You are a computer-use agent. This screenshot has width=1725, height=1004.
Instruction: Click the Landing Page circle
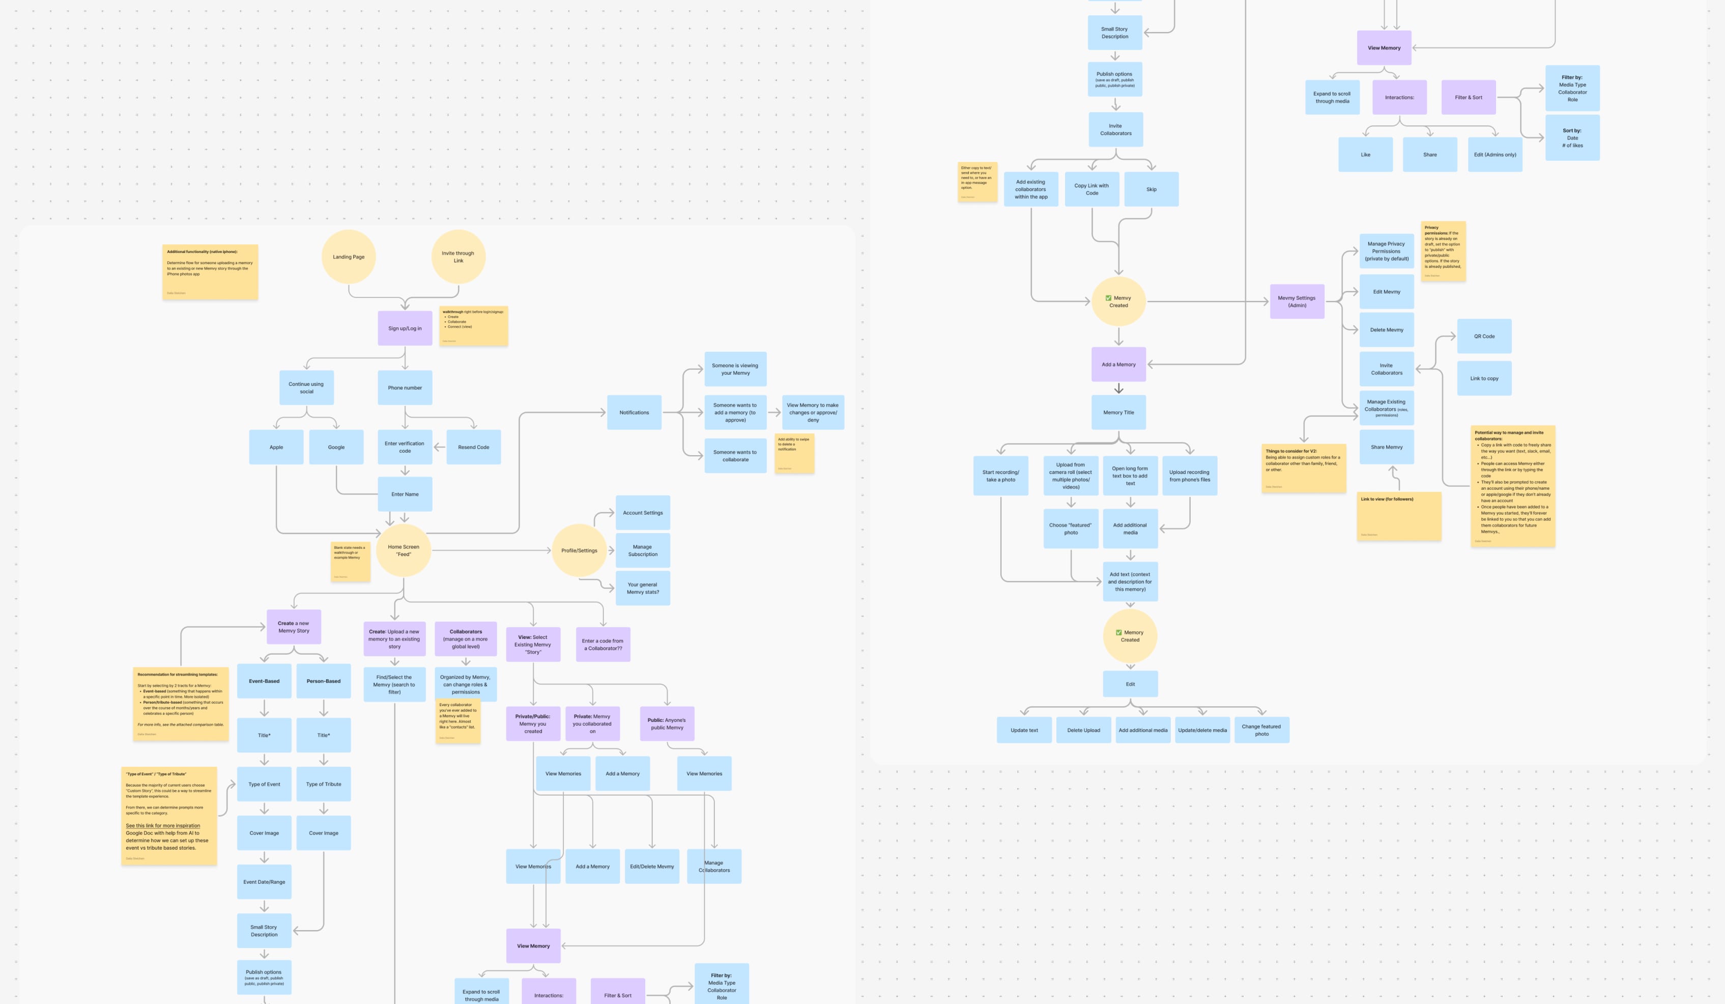(349, 257)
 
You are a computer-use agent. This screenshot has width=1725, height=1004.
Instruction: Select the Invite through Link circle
(458, 257)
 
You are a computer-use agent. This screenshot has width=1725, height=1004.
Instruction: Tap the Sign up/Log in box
(405, 328)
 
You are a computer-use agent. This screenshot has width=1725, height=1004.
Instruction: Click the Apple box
(276, 447)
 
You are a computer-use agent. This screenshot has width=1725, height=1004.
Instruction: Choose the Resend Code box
(473, 447)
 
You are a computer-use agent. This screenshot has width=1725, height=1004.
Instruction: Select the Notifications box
(634, 412)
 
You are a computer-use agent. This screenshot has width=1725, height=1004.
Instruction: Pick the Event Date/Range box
(264, 882)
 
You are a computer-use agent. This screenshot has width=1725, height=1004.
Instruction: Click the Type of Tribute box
(323, 784)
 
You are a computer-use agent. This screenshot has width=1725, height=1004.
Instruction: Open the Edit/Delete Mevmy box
(652, 867)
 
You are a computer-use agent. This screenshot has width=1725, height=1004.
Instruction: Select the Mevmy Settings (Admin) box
(1297, 301)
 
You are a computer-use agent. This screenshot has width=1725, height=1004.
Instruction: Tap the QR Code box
(1484, 336)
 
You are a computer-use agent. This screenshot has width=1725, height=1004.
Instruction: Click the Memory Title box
(1118, 412)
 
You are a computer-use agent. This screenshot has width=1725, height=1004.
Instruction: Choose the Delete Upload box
(1084, 730)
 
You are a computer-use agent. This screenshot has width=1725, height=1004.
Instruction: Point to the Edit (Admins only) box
(1495, 155)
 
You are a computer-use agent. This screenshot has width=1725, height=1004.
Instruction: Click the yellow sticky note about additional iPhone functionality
(210, 272)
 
